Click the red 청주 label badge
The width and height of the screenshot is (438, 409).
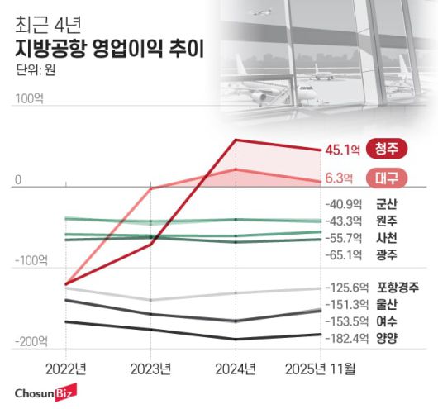[x=387, y=149]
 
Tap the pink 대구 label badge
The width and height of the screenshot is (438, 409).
[x=387, y=177]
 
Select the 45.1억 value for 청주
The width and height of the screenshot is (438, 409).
[x=342, y=150]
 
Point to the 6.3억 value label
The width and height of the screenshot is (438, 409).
[x=339, y=177]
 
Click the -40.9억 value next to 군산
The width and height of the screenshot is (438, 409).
[x=342, y=203]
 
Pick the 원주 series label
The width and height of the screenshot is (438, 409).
[x=386, y=221]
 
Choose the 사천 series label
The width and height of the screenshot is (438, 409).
[x=386, y=237]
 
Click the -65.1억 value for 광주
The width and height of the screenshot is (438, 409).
[x=342, y=254]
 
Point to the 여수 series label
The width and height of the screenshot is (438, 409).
[x=386, y=321]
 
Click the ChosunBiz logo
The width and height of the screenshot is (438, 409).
[x=43, y=392]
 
